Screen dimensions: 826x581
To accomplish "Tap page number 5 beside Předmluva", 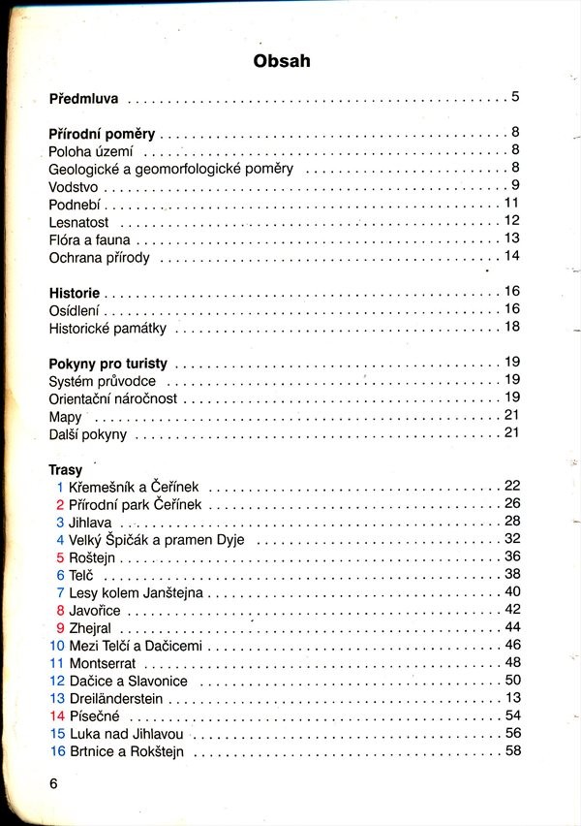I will [516, 96].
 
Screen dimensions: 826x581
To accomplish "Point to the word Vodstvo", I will [75, 186].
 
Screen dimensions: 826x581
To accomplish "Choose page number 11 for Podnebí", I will [513, 203].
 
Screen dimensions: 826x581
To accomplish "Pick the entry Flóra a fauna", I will [89, 239].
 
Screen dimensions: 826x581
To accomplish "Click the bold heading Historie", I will [74, 293].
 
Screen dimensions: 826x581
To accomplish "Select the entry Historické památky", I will [107, 329].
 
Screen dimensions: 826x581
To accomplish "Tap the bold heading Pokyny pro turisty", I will [107, 365].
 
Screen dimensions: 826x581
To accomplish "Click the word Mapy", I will [65, 417].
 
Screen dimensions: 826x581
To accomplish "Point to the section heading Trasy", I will [65, 470].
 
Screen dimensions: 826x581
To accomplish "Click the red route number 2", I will [60, 504].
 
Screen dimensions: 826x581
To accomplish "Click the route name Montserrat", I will [103, 663].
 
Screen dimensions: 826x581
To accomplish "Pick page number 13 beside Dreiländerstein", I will [513, 697].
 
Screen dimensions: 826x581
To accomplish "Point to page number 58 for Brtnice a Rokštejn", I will [513, 750].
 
